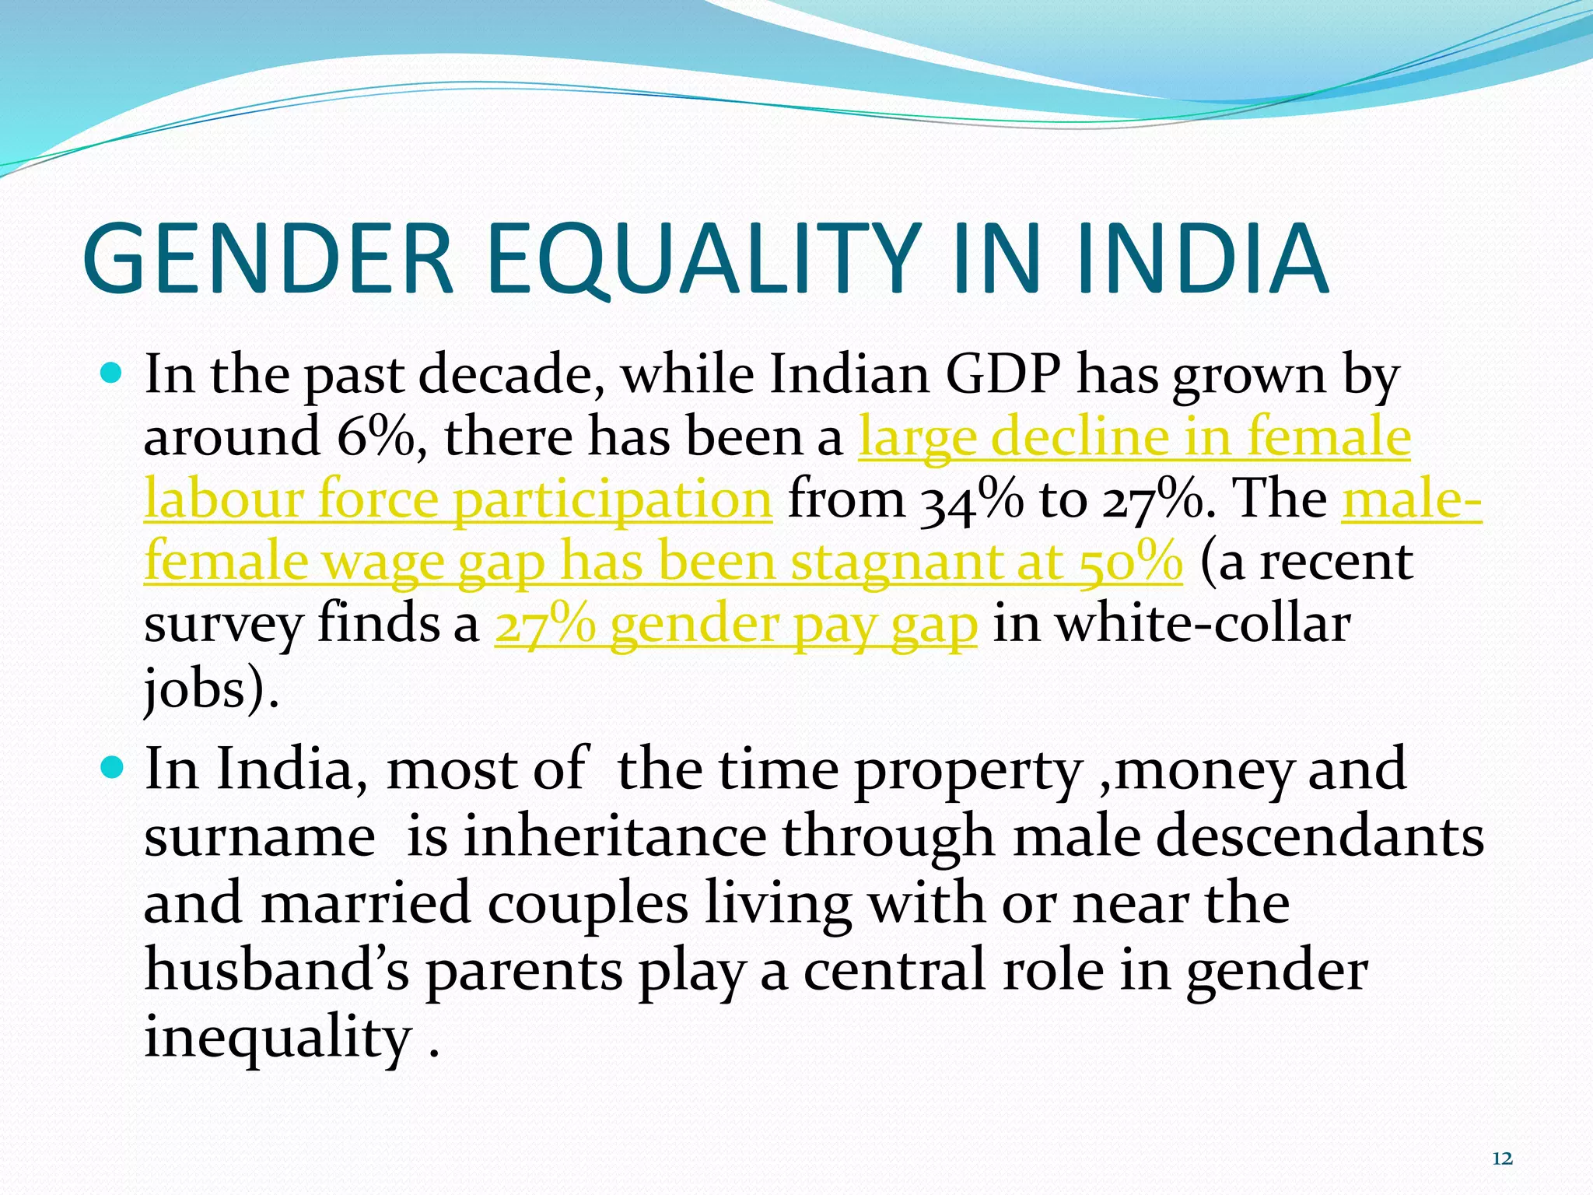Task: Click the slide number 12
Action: (1502, 1159)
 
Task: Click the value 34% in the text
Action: (972, 499)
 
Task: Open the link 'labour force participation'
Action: (458, 499)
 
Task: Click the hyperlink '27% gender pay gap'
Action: (736, 624)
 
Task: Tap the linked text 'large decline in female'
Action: (1134, 436)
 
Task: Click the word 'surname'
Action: (260, 837)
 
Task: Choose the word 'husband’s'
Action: (276, 971)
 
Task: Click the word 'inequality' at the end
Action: (278, 1039)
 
